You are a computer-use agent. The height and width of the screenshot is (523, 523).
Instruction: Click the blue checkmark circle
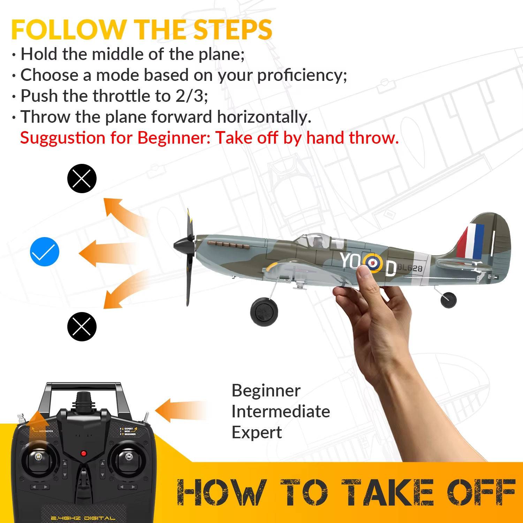[x=45, y=252]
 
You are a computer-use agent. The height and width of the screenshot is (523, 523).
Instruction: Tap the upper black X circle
[x=82, y=179]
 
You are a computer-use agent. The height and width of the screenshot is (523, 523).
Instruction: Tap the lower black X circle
[x=82, y=327]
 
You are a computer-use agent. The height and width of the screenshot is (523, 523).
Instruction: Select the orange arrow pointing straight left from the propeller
[x=105, y=253]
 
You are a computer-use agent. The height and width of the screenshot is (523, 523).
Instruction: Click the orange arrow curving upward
[x=122, y=214]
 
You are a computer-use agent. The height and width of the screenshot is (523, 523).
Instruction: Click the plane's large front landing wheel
[x=264, y=311]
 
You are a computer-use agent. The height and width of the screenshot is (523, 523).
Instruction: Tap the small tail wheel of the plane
[x=448, y=300]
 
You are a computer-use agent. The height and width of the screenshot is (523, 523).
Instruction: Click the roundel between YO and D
[x=372, y=263]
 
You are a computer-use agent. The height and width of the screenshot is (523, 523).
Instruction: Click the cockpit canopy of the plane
[x=316, y=241]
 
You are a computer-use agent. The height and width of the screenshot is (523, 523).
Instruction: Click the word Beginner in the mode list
[x=266, y=391]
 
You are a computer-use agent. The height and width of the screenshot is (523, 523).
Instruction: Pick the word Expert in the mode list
[x=257, y=432]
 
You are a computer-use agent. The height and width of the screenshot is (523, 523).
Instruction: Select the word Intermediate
[x=281, y=411]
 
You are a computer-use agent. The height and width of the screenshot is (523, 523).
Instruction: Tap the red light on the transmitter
[x=83, y=453]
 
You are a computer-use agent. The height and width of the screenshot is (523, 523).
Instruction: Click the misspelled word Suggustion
[x=63, y=138]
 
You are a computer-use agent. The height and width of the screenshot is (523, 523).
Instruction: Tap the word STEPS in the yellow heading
[x=233, y=30]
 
